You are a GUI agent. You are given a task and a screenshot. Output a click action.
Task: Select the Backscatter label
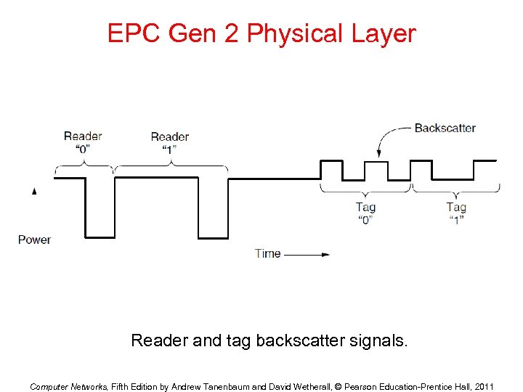445,128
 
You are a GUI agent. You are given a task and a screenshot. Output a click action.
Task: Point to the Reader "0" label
82,142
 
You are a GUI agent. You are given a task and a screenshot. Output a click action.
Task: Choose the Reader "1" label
169,142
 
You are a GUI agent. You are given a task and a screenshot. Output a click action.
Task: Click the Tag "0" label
365,213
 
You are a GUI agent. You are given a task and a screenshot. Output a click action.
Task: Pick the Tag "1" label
456,213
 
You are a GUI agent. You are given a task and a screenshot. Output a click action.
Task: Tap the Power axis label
34,240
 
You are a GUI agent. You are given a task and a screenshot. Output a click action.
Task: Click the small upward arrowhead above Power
34,191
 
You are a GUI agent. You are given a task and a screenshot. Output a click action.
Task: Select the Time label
267,253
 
